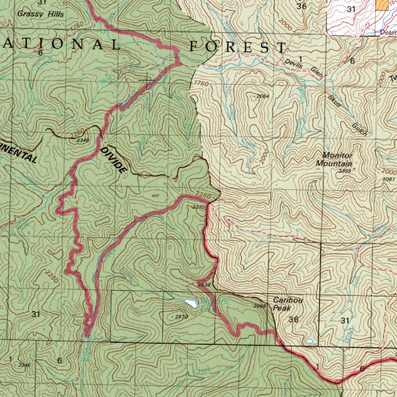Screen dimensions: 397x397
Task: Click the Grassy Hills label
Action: [x=40, y=14]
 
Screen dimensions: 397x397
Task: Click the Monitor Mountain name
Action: [x=337, y=159]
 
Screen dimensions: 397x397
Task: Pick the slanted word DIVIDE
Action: [x=114, y=160]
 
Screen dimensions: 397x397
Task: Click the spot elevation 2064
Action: [x=263, y=97]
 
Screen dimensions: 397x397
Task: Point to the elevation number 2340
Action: [x=83, y=140]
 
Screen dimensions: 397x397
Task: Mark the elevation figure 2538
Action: [x=205, y=285]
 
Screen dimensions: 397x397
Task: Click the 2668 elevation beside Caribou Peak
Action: [x=260, y=306]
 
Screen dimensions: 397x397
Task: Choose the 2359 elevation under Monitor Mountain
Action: [x=345, y=171]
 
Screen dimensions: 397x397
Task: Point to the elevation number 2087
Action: [x=389, y=179]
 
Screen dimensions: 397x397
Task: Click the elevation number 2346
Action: [x=24, y=365]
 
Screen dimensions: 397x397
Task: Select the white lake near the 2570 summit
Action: [x=190, y=303]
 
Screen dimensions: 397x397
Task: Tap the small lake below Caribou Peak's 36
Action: [x=309, y=341]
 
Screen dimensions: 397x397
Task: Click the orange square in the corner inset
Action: [x=382, y=5]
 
